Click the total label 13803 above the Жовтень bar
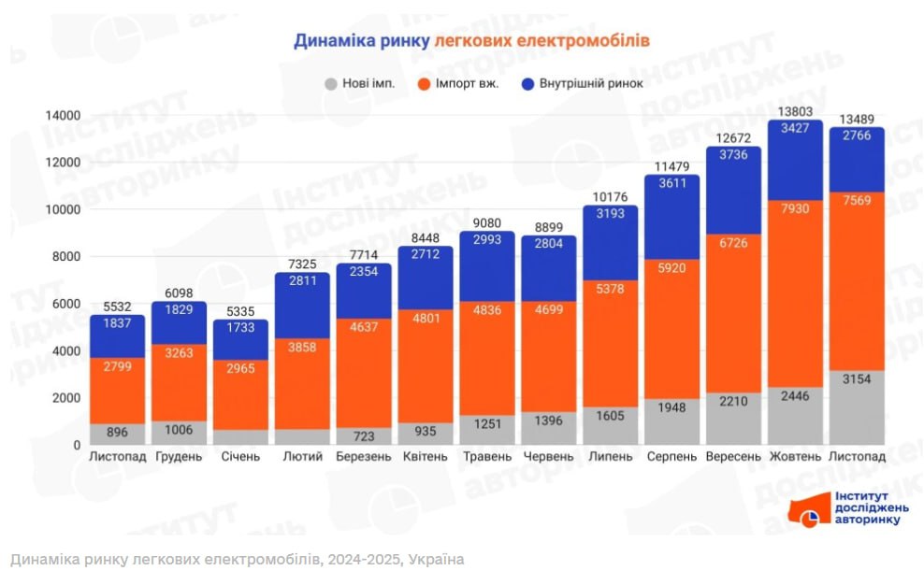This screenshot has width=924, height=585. (x=794, y=112)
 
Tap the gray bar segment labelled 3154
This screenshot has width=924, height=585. (x=856, y=407)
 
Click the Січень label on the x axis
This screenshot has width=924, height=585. (x=240, y=457)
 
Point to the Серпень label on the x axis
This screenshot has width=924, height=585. (x=671, y=457)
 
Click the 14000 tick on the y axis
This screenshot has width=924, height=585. (x=64, y=115)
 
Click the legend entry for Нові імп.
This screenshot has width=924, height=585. (x=359, y=83)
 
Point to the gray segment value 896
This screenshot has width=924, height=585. (x=118, y=433)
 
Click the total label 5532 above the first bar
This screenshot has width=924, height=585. (x=118, y=306)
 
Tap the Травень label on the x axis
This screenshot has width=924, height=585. (x=487, y=457)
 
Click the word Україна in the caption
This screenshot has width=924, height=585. (x=433, y=560)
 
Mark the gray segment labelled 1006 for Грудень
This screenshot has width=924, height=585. (x=180, y=431)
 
